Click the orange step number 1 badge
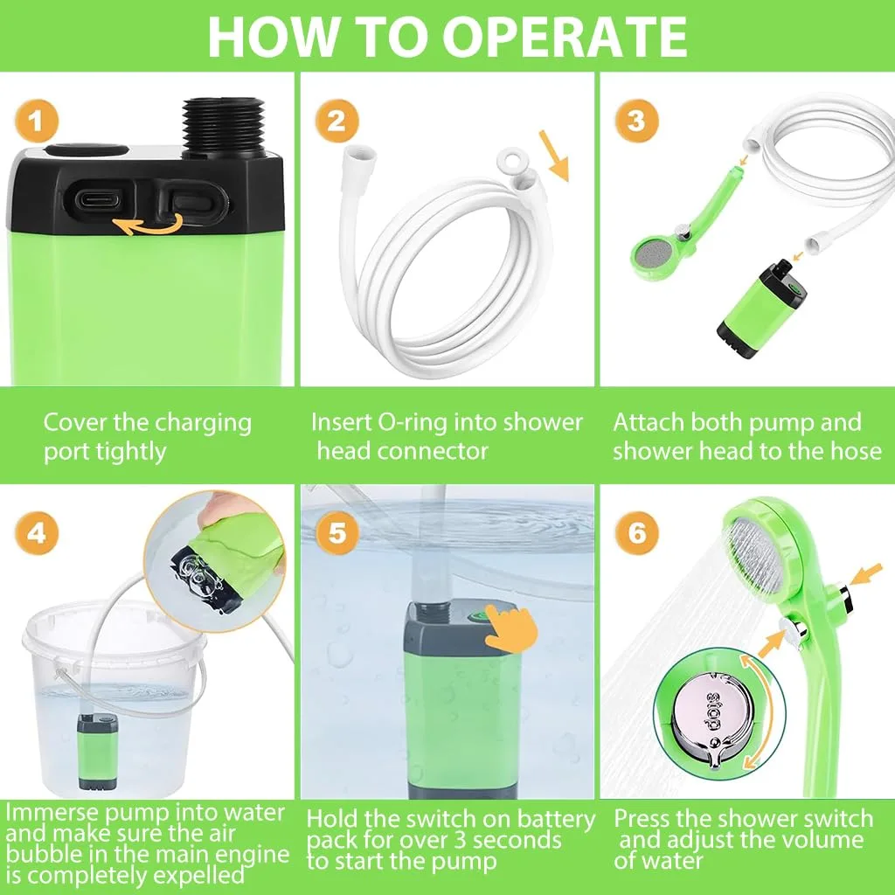point(37,121)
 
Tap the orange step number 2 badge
point(336,121)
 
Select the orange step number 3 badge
point(637,121)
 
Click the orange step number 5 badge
point(336,532)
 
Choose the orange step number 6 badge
point(637,532)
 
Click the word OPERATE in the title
point(565,37)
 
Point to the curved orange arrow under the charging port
point(149,226)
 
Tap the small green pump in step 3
point(761,302)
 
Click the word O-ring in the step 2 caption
point(411,422)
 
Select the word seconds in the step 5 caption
point(517,840)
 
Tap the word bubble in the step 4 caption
point(40,855)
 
